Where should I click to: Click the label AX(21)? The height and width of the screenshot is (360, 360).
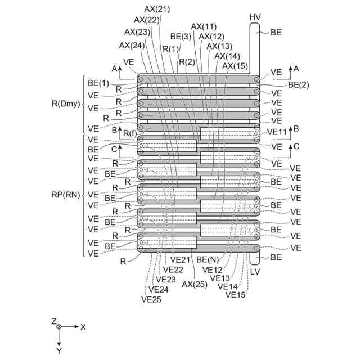pos(157,9)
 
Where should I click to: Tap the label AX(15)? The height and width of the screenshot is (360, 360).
pos(235,66)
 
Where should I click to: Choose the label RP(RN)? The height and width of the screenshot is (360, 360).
pos(67,195)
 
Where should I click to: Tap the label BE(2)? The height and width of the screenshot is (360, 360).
pos(299,84)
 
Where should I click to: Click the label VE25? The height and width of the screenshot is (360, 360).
pos(152,299)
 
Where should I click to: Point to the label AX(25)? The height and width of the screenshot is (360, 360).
pos(193,284)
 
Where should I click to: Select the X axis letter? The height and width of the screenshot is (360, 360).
pos(83,326)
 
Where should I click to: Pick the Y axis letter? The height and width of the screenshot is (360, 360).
pos(59,350)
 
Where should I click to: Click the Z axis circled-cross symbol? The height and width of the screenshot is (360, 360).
pos(59,326)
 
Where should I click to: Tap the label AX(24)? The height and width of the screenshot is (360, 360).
pos(132,46)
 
